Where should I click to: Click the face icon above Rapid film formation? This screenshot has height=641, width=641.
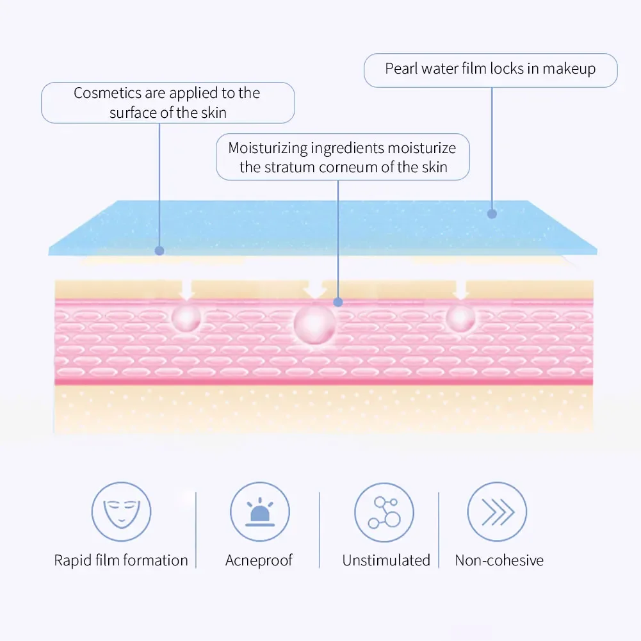121,512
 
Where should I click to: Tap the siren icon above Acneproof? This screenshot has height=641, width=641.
259,512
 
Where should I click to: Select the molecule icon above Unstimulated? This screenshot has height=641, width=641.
384,512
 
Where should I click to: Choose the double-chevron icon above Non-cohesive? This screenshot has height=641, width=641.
497,512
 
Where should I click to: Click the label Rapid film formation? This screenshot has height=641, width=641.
121,560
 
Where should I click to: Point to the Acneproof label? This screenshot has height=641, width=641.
259,560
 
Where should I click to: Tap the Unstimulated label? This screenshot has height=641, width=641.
386,560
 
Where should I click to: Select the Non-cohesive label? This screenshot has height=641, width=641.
499,560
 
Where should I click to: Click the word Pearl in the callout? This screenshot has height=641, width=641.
402,69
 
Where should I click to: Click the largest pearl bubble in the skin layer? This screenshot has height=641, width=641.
314,324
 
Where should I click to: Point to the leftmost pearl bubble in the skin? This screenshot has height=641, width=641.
186,317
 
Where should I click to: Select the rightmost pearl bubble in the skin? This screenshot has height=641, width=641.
460,318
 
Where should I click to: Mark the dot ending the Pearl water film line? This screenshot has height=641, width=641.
492,214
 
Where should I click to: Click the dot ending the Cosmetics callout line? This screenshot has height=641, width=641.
159,251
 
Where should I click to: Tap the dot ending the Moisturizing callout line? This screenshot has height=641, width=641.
338,302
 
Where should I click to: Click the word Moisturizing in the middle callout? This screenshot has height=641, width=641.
268,149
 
